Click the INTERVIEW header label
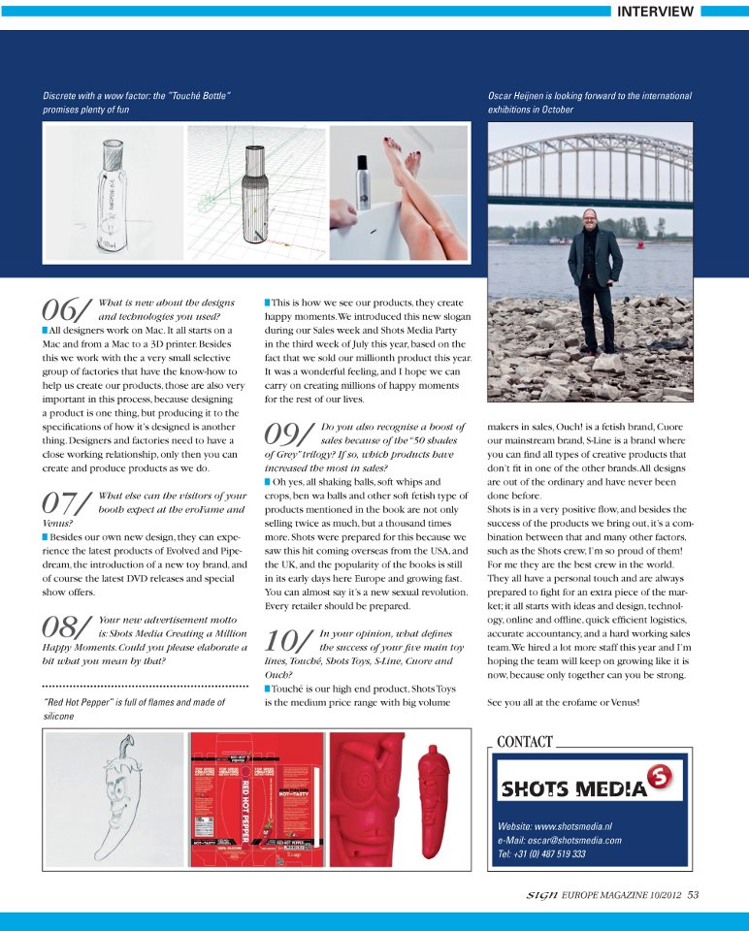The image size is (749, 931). tap(656, 12)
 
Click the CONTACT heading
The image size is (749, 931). tap(524, 742)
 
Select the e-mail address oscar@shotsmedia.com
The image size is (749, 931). tap(559, 840)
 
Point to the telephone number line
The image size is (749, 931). tap(541, 854)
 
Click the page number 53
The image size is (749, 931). tap(693, 895)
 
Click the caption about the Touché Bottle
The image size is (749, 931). tap(136, 103)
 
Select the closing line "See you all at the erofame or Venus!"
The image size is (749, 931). tap(563, 701)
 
